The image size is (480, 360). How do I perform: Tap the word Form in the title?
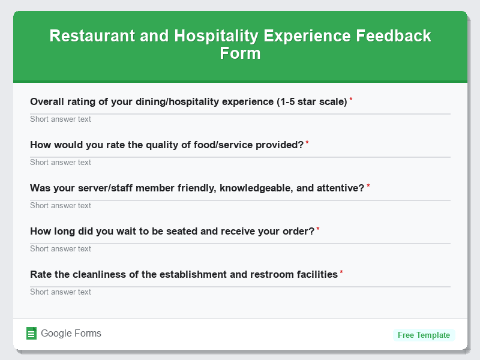(x=240, y=53)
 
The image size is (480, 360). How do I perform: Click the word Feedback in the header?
(x=394, y=36)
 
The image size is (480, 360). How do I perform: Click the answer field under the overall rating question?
(x=240, y=119)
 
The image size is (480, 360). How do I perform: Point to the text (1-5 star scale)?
(x=312, y=102)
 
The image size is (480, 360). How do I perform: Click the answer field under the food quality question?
(x=240, y=162)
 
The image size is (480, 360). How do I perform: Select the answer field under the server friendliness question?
(x=240, y=205)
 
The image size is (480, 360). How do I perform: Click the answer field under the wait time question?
(x=240, y=248)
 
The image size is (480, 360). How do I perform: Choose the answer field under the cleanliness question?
(x=240, y=292)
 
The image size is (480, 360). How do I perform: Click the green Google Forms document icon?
(x=32, y=334)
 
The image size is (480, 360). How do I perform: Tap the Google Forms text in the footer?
(x=71, y=334)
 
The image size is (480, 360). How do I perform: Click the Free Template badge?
(x=424, y=335)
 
